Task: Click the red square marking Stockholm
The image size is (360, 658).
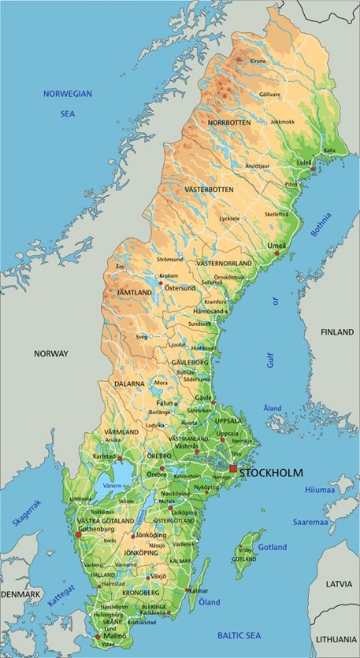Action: point(233,468)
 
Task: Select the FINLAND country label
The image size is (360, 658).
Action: point(336,331)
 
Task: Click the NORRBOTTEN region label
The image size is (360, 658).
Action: point(230,122)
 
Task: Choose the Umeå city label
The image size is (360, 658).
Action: point(277,245)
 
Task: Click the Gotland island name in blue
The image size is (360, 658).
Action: point(273,547)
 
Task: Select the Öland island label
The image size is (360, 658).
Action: point(209,601)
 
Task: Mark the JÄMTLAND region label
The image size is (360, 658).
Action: point(134,293)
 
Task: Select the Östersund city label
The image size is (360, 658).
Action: point(180,287)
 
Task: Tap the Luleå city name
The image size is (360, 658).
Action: point(304,161)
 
